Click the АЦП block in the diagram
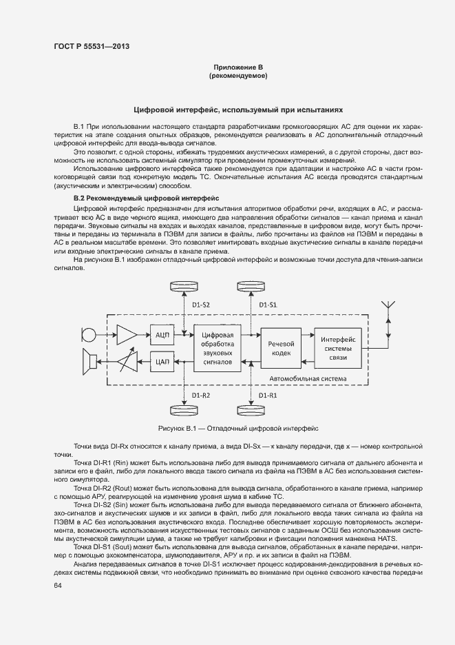pyautogui.click(x=162, y=334)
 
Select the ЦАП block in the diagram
pyautogui.click(x=162, y=360)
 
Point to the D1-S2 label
pyautogui.click(x=200, y=305)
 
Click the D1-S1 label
pyautogui.click(x=267, y=305)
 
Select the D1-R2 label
pyautogui.click(x=200, y=395)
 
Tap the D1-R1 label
pyautogui.click(x=267, y=395)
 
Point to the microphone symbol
pyautogui.click(x=88, y=335)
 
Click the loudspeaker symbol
pyautogui.click(x=89, y=360)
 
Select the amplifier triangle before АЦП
pyautogui.click(x=126, y=334)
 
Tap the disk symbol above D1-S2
pyautogui.click(x=184, y=286)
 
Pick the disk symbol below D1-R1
pyautogui.click(x=249, y=411)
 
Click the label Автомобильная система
pyautogui.click(x=307, y=378)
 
